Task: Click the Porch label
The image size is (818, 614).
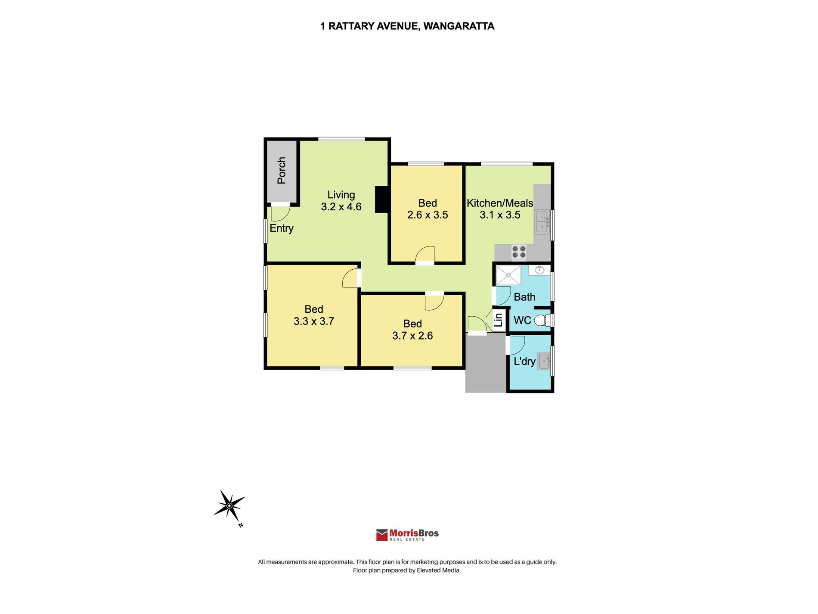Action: point(282,171)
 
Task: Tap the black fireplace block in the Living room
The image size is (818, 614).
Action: point(381,199)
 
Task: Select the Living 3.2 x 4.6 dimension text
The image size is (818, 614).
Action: point(341,207)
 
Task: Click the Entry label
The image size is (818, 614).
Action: point(282,228)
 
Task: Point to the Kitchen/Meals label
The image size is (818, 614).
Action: point(500,203)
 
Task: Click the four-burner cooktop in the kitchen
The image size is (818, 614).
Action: point(519,252)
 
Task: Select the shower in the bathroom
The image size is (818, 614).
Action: point(508,275)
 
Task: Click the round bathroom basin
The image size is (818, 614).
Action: point(539,270)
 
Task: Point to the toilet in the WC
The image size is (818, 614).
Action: point(543,321)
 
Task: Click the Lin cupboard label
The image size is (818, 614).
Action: point(499,320)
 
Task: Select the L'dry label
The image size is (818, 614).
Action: point(524,361)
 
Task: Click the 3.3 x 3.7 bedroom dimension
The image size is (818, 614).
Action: point(314,321)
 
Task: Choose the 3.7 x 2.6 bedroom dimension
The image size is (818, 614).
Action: point(412,336)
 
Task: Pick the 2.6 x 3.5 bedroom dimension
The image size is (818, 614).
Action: point(428,215)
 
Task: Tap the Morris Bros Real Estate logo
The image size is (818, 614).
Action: point(407,535)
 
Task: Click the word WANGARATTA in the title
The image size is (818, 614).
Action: point(459,26)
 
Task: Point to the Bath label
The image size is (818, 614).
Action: point(524,297)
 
